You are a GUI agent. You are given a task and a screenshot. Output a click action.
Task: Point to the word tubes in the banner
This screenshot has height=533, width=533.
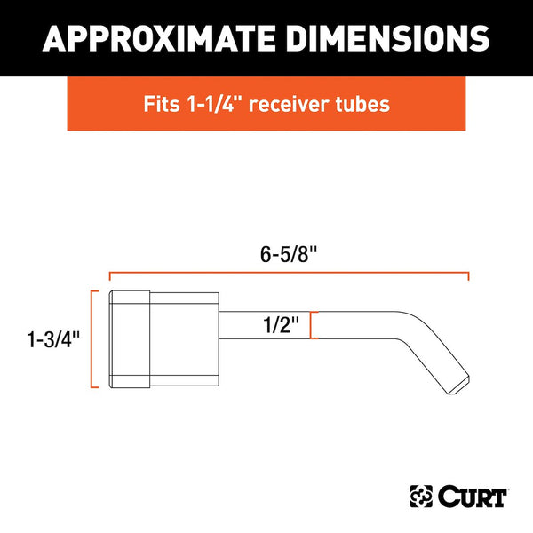pos(365,103)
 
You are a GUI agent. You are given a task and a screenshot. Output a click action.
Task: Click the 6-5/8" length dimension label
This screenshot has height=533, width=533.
pos(289,255)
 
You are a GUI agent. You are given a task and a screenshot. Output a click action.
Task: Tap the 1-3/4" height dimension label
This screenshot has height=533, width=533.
pos(52,338)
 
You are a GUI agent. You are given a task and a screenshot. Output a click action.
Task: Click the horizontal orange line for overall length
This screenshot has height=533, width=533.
pos(289,274)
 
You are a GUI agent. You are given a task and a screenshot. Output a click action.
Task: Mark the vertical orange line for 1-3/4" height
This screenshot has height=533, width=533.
pos(94,339)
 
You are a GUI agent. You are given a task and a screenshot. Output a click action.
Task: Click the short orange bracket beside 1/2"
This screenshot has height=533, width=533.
pos(311,325)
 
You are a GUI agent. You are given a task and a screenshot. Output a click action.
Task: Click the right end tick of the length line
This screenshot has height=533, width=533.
pos(468,277)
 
